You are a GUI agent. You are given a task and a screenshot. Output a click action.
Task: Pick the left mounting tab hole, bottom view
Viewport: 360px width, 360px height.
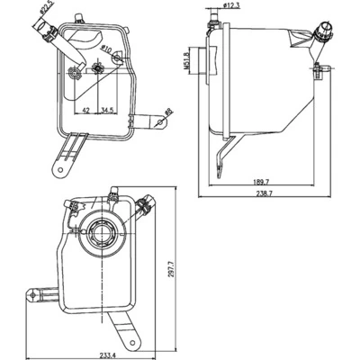(33, 293)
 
